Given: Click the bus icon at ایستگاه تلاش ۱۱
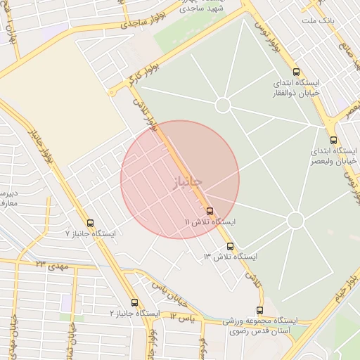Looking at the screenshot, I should point(210,211).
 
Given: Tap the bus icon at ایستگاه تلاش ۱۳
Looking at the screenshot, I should point(231,246).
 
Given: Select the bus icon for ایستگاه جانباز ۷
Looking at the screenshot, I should point(89,223).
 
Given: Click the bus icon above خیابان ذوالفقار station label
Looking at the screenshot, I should point(295,72).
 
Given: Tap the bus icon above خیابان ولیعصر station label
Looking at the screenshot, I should point(333,139).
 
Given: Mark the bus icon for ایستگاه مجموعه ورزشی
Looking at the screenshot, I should point(260,310).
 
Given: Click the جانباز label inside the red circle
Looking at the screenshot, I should point(186,182).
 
